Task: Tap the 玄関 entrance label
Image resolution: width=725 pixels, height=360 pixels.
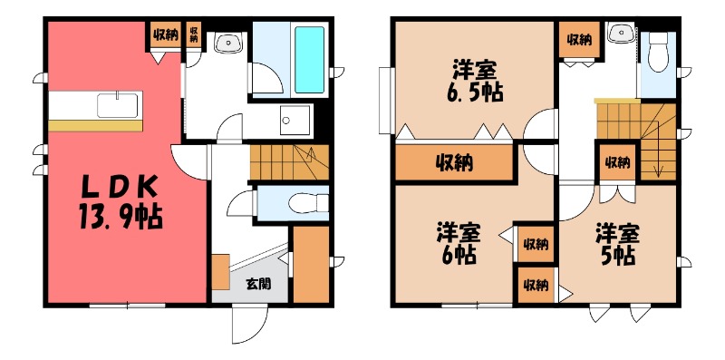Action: (x=256, y=283)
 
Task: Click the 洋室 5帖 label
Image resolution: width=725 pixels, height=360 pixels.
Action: (x=616, y=243)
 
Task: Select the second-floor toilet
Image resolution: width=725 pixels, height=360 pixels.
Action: (x=659, y=55)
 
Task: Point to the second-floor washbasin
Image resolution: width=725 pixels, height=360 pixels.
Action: (x=621, y=34)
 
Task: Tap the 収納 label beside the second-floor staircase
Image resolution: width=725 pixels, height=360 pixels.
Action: (x=617, y=162)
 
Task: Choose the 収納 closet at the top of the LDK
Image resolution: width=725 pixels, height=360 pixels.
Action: (x=165, y=35)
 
